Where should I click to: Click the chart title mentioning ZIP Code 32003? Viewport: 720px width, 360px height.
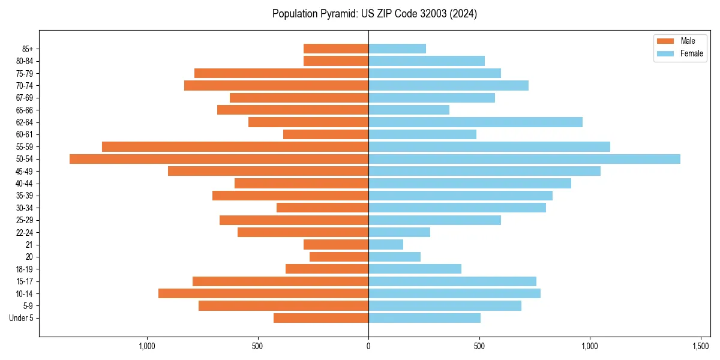click(x=374, y=14)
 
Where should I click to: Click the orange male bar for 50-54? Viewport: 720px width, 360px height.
click(x=219, y=159)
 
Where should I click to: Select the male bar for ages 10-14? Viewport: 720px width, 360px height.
click(x=263, y=293)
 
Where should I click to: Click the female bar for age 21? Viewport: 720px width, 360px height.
click(x=386, y=244)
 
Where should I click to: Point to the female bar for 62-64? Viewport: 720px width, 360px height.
click(x=475, y=122)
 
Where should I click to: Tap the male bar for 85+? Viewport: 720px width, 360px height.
click(x=336, y=49)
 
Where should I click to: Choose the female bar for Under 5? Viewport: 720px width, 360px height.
click(x=424, y=318)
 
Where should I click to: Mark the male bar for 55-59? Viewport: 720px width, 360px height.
click(x=235, y=146)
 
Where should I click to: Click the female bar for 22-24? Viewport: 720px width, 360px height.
click(x=399, y=232)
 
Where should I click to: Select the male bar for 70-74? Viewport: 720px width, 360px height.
click(x=276, y=85)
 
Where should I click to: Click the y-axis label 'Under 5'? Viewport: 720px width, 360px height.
click(x=21, y=318)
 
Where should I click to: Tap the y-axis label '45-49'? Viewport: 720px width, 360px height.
click(x=25, y=171)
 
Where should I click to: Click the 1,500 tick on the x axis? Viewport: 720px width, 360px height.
click(x=701, y=346)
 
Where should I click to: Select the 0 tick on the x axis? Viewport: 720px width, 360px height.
click(x=368, y=346)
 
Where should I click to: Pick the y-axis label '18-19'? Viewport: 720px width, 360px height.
click(x=25, y=269)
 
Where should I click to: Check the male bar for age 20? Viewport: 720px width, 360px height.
click(x=339, y=257)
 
